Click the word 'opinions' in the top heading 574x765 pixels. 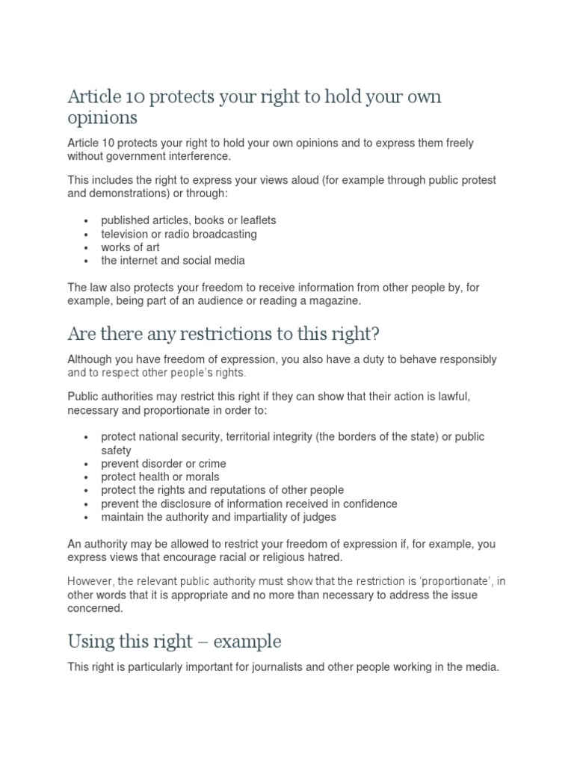[102, 118]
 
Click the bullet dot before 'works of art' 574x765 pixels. [87, 248]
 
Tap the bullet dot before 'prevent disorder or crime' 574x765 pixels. [87, 464]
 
